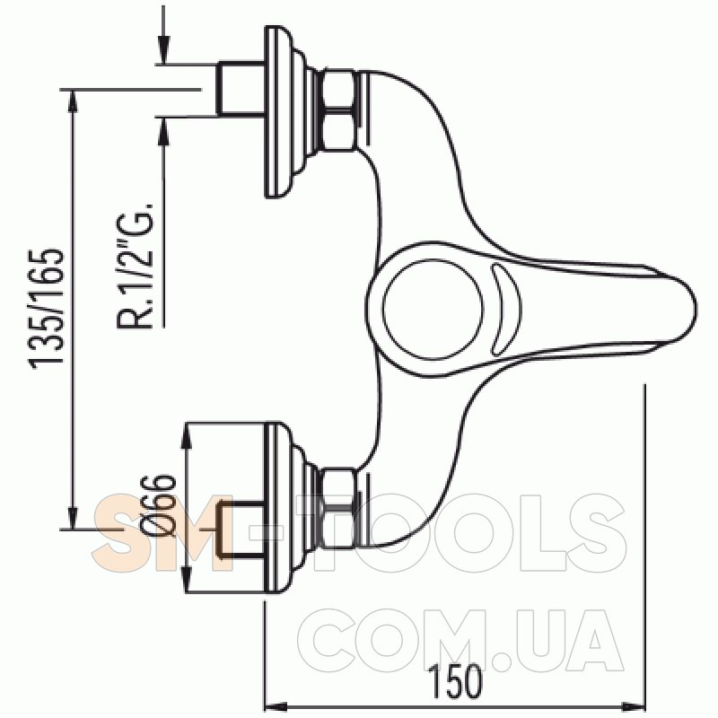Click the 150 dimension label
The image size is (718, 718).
(455, 682)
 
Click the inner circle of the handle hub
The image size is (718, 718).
(433, 309)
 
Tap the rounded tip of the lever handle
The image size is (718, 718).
(695, 309)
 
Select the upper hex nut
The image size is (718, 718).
(339, 109)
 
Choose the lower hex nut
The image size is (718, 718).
(339, 508)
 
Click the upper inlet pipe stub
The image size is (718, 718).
(241, 87)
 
